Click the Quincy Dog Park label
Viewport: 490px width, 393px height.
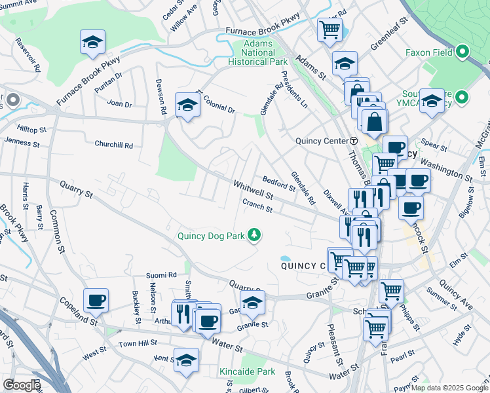(211, 236)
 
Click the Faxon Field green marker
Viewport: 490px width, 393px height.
(462, 51)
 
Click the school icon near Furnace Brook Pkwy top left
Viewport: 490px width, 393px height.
(93, 43)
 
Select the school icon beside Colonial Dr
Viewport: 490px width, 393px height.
(187, 105)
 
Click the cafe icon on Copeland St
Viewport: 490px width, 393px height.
(96, 300)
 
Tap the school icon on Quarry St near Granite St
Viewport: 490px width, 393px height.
(252, 303)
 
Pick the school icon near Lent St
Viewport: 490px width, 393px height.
(186, 360)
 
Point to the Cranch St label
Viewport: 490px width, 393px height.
(257, 206)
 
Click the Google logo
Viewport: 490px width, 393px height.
(22, 385)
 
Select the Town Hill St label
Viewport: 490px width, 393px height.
(137, 343)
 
